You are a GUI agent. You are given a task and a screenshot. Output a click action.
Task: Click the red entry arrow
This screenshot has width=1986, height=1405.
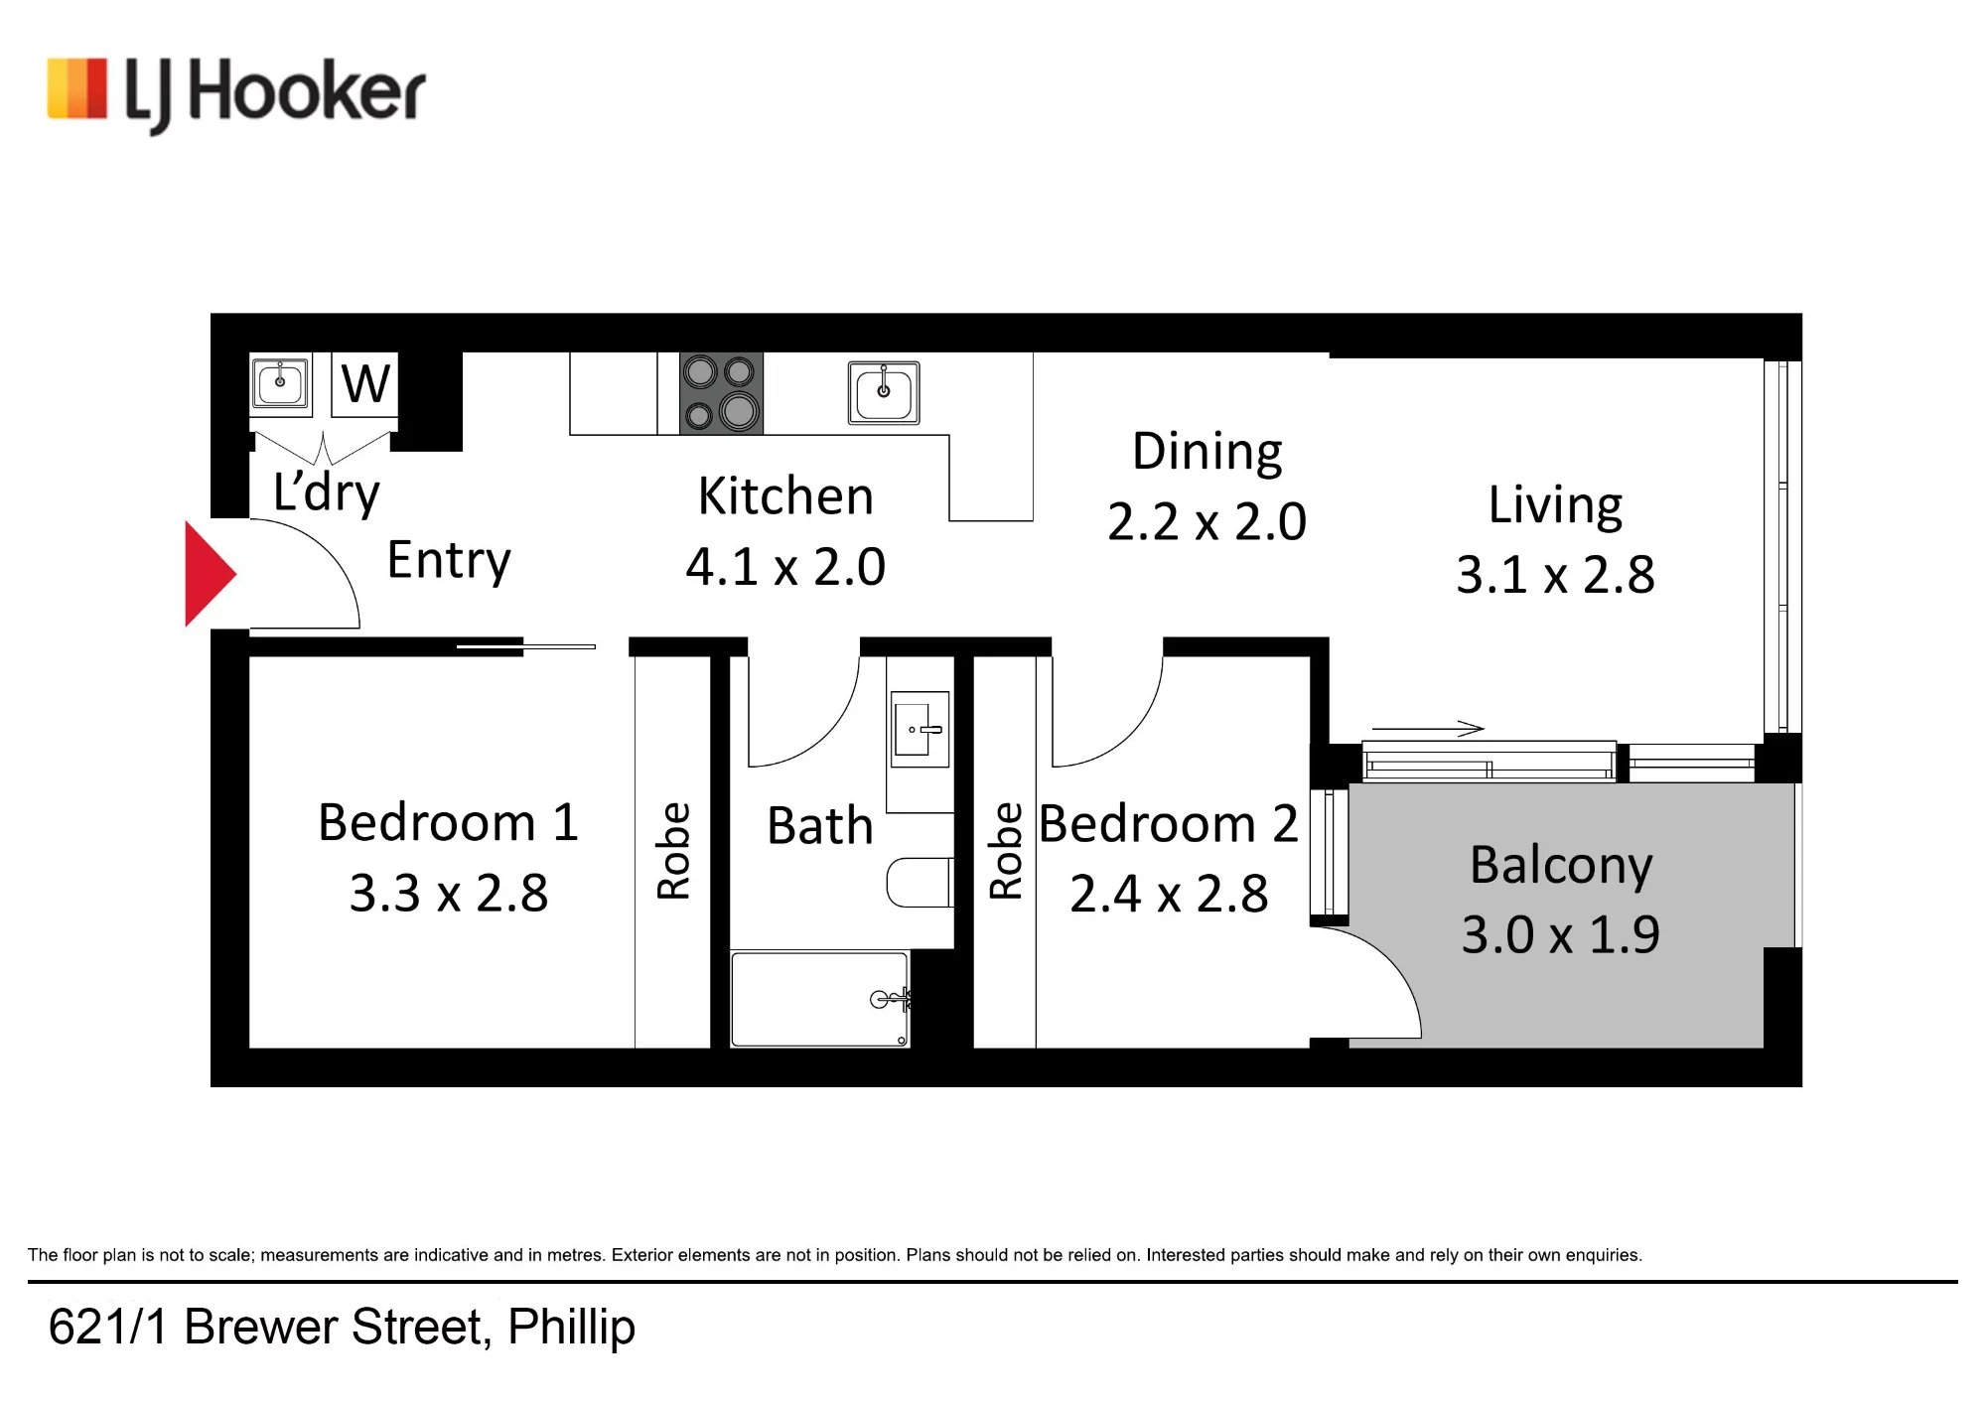coord(209,574)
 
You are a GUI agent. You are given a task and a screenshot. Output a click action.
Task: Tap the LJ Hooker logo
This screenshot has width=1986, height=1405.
coord(236,94)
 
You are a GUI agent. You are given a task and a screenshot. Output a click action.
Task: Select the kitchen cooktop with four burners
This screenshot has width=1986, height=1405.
coord(721,393)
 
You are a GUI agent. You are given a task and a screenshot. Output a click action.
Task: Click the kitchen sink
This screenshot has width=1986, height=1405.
coord(884,392)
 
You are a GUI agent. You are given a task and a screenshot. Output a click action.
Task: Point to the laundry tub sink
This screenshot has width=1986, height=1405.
coord(280,383)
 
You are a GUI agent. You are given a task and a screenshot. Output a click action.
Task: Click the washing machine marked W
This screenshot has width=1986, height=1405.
coord(365,383)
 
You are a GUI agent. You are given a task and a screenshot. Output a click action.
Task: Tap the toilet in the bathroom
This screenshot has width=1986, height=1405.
coord(920,882)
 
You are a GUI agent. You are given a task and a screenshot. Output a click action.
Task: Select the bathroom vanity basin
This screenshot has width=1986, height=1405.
coord(920,729)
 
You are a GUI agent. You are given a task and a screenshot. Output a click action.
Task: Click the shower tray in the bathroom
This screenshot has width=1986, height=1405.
coord(820,999)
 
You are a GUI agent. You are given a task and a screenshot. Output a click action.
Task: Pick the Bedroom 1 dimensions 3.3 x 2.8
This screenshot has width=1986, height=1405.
coord(449,893)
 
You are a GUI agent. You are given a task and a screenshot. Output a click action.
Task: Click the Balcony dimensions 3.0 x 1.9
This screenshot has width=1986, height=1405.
coord(1560,934)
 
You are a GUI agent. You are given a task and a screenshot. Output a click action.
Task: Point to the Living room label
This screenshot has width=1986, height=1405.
coord(1555,505)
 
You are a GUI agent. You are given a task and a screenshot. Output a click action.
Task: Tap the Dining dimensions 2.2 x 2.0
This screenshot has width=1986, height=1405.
coord(1206,522)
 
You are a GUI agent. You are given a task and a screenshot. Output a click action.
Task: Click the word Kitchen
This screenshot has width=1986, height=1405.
coord(785,495)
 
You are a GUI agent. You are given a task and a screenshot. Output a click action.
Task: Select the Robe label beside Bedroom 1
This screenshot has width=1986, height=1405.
coord(673,851)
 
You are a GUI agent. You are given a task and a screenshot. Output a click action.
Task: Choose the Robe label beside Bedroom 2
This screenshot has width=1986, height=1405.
coord(1005,851)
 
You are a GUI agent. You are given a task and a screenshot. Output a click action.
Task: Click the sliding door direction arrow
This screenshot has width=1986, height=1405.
coord(1428,728)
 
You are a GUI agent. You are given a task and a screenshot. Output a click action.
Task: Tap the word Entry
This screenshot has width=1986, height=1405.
coord(449,561)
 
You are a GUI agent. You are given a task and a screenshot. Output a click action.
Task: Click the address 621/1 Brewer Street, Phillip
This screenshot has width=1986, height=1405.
coord(342,1328)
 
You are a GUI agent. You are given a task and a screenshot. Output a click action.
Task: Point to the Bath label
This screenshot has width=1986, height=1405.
coord(820,826)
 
